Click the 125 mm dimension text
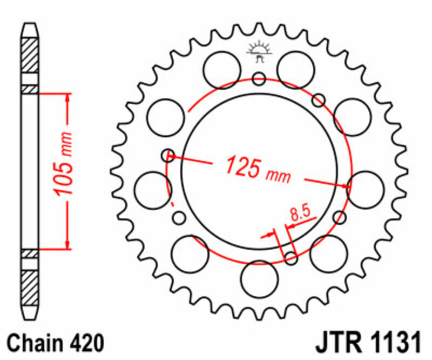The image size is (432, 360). (x=258, y=169)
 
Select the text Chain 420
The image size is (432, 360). (x=56, y=343)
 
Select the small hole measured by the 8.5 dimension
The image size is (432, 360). (x=291, y=258)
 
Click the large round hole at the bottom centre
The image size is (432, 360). (x=259, y=278)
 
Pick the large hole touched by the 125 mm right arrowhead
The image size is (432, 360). (x=366, y=189)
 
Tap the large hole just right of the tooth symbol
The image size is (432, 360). (x=295, y=69)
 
